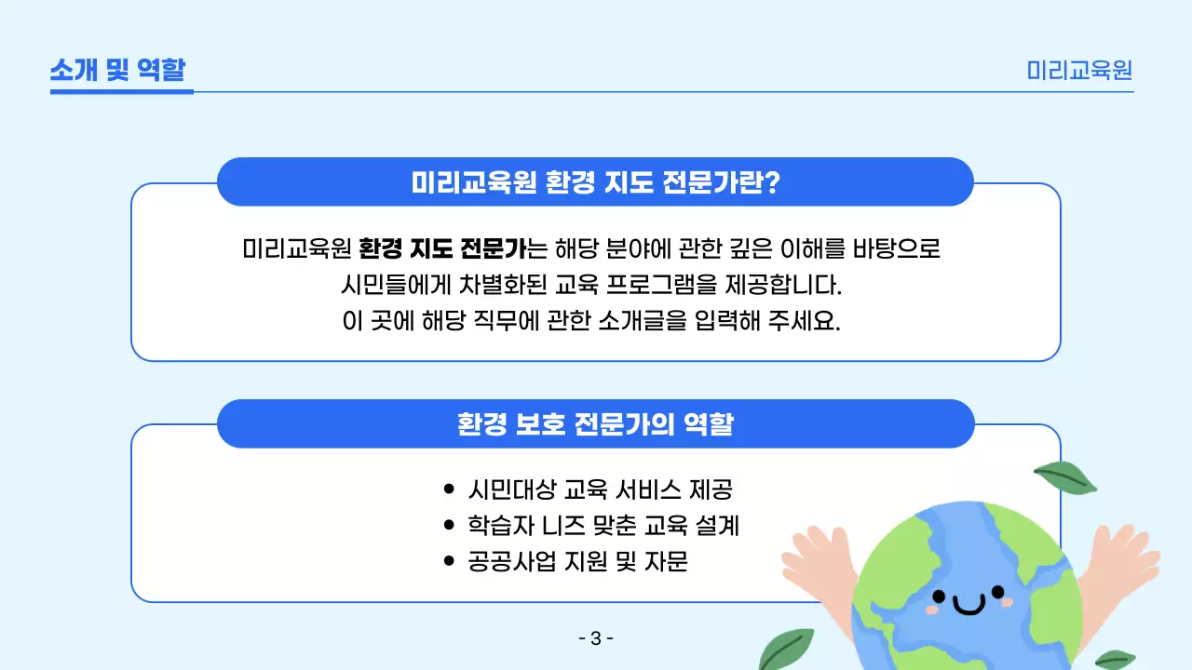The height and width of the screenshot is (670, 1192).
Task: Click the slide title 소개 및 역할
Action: (x=118, y=70)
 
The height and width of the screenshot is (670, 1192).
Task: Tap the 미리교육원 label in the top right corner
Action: (x=1079, y=71)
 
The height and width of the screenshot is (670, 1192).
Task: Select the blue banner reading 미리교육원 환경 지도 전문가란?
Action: (x=595, y=182)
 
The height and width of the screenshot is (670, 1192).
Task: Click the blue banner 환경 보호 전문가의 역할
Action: (x=595, y=424)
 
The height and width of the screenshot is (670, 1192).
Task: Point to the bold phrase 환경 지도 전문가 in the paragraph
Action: (x=441, y=249)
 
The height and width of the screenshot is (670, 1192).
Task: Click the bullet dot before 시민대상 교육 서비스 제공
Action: (x=450, y=489)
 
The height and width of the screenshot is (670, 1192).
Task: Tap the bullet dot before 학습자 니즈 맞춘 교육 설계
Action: (x=450, y=526)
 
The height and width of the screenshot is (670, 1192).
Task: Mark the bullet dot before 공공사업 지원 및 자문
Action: (x=450, y=562)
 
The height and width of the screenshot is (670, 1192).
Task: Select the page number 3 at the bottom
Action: (x=596, y=638)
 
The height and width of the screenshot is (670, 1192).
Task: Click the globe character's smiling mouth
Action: (x=968, y=607)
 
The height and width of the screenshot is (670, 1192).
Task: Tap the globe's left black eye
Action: (x=939, y=596)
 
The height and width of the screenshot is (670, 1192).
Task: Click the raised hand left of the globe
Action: (x=819, y=563)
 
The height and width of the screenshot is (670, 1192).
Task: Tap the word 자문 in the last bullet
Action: (x=666, y=562)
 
